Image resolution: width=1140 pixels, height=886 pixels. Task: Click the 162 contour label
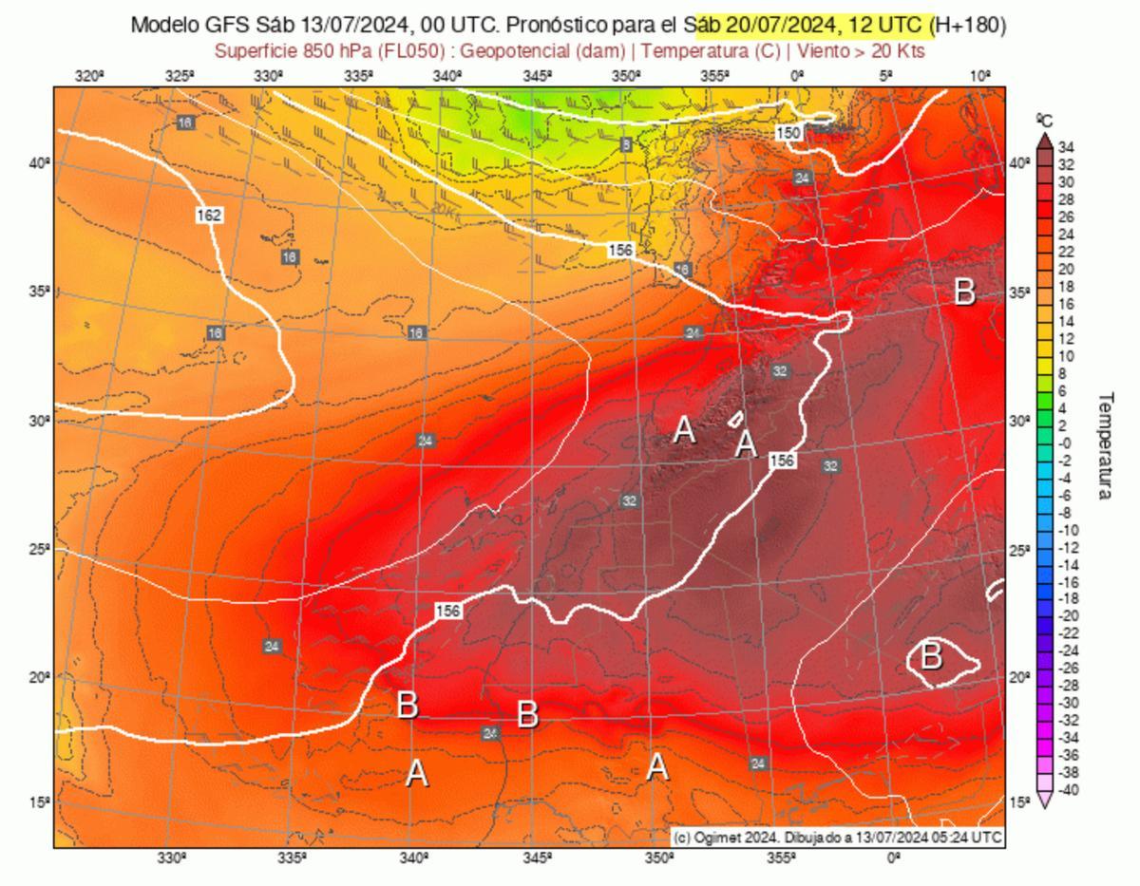(209, 217)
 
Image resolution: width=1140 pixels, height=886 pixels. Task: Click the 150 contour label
(788, 134)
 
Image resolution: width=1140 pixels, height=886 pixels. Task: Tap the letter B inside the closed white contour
(931, 656)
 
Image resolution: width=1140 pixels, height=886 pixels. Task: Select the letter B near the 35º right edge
(964, 292)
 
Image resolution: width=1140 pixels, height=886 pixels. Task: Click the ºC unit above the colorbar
(1043, 120)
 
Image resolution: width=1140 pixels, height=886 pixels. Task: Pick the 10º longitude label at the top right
(979, 77)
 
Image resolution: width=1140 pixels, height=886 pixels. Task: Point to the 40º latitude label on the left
(38, 163)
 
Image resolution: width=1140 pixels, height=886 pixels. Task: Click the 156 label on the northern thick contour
(620, 249)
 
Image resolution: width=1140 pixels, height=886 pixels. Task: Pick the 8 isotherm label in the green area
(625, 144)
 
